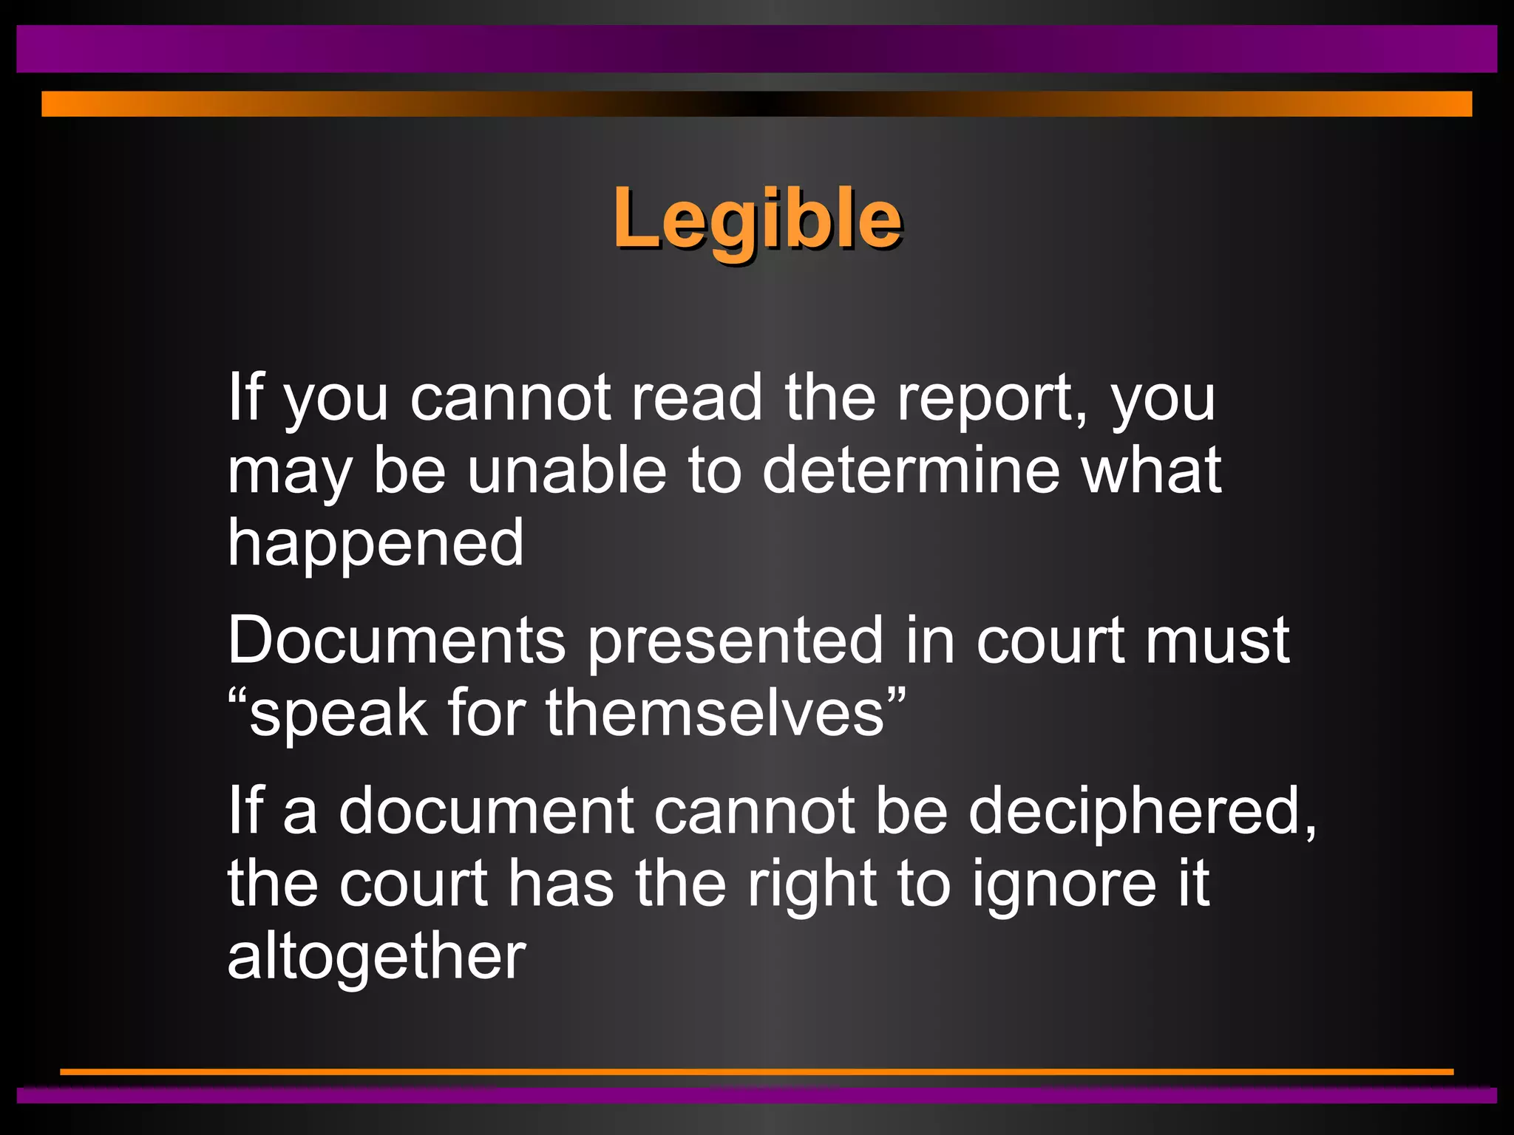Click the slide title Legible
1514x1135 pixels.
[757, 219]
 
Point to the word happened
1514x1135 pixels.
[376, 544]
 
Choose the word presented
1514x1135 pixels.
[736, 641]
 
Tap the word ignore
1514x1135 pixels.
[1064, 885]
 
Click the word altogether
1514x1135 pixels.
[376, 957]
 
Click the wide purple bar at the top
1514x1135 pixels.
[757, 49]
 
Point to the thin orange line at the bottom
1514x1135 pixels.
[757, 1071]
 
